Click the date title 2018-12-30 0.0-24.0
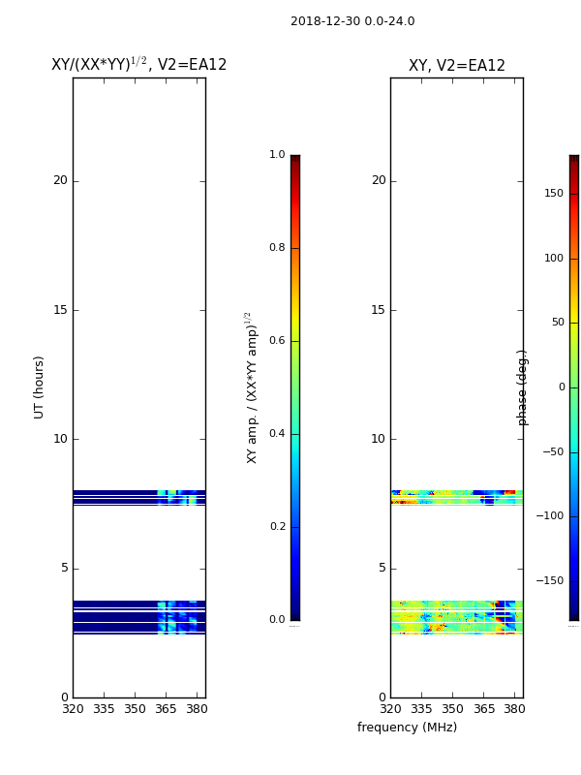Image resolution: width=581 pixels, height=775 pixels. pos(352,21)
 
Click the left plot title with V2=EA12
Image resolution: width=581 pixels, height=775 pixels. pos(138,65)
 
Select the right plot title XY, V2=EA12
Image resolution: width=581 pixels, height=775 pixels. pos(456,66)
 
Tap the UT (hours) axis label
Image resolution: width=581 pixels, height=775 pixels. pos(40,387)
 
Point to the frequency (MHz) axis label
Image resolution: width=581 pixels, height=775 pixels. pos(407,728)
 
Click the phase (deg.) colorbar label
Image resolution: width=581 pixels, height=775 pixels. pos(523,387)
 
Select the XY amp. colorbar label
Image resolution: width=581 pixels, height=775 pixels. pos(253,387)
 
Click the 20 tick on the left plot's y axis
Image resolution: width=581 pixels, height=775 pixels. pos(60,180)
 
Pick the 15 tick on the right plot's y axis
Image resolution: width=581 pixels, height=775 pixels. pos(378,310)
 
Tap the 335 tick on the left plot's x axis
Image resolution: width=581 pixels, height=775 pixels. pos(104,710)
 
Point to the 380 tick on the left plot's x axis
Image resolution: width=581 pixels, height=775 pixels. pos(197,710)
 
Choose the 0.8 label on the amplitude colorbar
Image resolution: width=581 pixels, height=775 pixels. pos(277,248)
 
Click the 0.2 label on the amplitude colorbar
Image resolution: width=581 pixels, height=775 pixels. pos(277,527)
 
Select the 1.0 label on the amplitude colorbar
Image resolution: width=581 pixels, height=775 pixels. pos(277,155)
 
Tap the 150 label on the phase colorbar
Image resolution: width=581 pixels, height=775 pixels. pos(554,194)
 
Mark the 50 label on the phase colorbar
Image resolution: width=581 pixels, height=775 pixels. pos(557,323)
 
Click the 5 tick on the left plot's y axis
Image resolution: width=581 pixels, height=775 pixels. pos(64,568)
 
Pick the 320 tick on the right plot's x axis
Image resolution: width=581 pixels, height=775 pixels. pos(390,710)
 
